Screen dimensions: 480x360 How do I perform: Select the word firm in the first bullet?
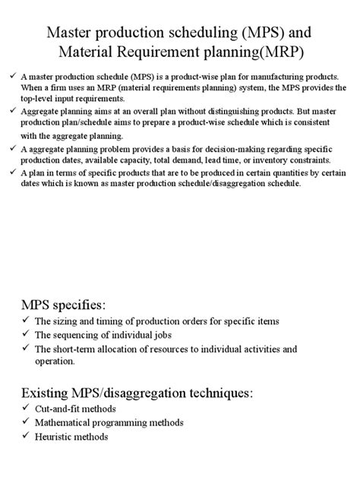[72, 90]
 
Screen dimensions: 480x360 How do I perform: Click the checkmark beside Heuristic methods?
[26, 437]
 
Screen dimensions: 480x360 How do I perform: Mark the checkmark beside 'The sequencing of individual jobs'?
[26, 335]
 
